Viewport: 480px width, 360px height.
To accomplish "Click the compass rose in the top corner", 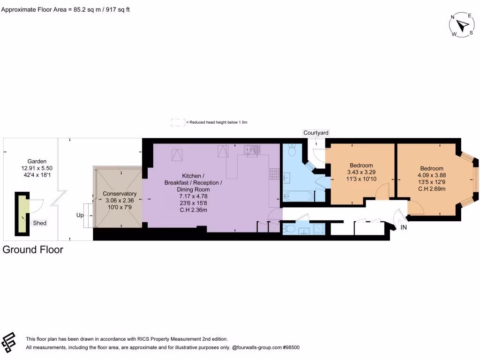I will (x=462, y=25).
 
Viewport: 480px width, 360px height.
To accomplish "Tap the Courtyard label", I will (x=315, y=133).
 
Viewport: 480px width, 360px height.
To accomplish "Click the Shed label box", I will (x=40, y=223).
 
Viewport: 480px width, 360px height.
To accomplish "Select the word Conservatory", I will (x=120, y=194).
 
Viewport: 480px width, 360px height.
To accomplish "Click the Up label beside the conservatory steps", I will (x=80, y=216).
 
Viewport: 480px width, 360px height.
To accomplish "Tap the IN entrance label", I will (x=404, y=227).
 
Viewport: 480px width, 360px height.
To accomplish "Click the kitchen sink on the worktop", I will (x=251, y=150).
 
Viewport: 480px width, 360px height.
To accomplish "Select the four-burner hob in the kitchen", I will (x=274, y=174).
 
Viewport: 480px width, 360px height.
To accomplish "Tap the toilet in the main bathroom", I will (x=292, y=150).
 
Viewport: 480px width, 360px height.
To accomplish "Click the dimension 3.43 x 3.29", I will (x=361, y=172).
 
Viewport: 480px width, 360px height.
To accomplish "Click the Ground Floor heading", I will (x=33, y=249).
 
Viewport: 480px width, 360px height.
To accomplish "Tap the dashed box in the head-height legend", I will (x=178, y=122).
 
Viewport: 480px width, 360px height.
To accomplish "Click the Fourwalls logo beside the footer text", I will (x=9, y=343).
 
